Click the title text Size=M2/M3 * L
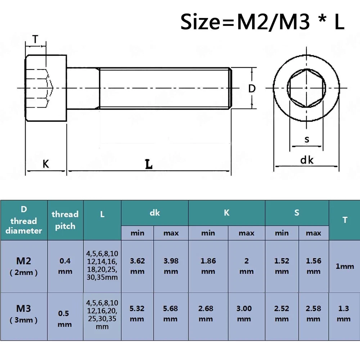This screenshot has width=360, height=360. point(262,22)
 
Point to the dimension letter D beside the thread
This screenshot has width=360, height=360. point(252,88)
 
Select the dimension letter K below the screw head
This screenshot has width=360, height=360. point(46,164)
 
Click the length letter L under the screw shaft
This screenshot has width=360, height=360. point(148,165)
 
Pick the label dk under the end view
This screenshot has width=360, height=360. point(307,160)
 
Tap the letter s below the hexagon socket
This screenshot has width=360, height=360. point(307,139)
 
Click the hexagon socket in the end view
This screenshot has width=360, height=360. point(306,88)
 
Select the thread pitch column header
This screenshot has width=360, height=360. point(65,220)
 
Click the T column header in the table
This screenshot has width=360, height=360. point(345,220)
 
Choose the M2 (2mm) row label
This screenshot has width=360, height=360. point(24,266)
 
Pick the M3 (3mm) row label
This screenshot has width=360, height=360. point(24,314)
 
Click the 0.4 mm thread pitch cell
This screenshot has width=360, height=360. point(65,266)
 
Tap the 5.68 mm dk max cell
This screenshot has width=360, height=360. point(171,314)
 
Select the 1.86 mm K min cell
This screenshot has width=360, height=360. point(208,266)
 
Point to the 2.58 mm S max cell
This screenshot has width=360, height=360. point(314,314)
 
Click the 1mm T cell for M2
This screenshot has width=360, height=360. point(345,266)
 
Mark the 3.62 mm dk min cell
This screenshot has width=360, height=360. point(137,266)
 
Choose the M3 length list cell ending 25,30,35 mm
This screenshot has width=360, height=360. point(102,314)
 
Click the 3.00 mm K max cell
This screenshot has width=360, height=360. point(246,314)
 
